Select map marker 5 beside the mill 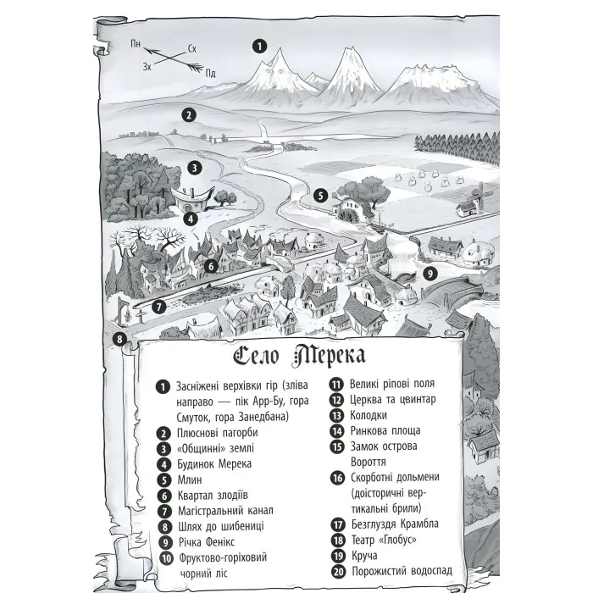point(320,194)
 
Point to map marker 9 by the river point(430,273)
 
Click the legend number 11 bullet point(336,383)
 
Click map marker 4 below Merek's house point(191,218)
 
